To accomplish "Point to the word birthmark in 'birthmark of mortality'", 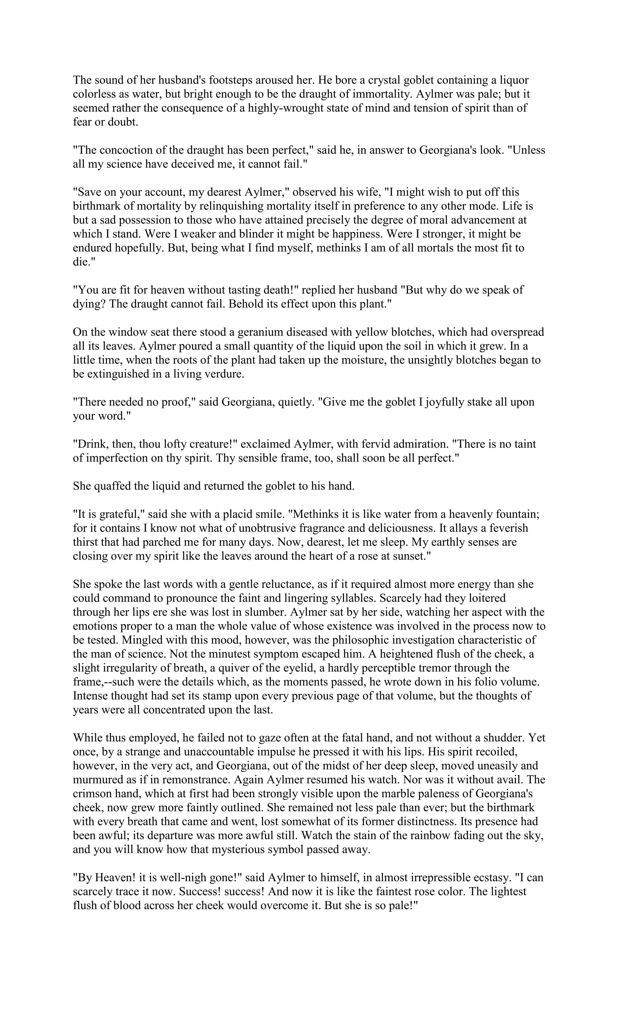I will click(99, 206).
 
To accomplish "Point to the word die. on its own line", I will click(84, 262).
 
